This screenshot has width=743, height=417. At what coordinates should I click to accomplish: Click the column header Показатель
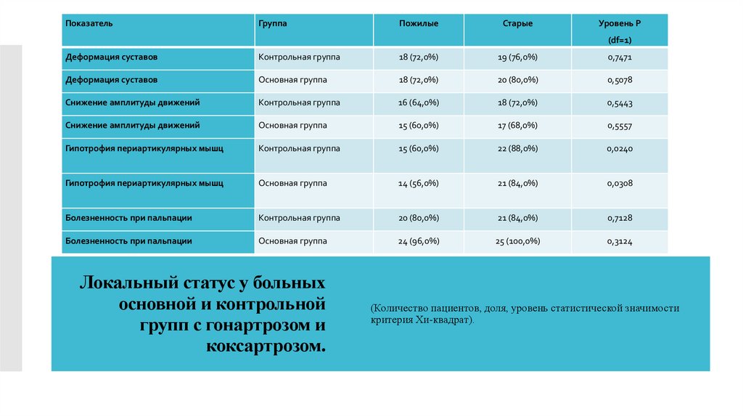pos(89,24)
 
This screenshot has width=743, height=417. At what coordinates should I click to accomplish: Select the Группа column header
pos(273,24)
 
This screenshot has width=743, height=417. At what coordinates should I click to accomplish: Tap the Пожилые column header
pos(419,24)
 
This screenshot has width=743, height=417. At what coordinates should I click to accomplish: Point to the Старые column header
pos(518,24)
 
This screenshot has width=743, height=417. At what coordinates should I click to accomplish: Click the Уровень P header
pos(620,24)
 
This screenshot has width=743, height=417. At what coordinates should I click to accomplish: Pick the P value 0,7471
pos(620,57)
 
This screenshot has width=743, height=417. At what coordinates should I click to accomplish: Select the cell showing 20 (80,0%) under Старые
pos(518,80)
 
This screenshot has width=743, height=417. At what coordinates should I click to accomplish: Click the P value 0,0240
pos(620,149)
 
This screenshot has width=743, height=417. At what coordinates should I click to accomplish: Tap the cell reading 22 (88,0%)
pos(518,148)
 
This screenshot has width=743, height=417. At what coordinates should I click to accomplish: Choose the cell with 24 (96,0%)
pos(419,241)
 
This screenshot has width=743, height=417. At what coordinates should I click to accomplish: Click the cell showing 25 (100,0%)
pos(518,241)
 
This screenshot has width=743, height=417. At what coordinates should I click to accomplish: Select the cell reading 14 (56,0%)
pos(419,184)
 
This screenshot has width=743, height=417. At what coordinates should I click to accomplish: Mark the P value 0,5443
pos(620,103)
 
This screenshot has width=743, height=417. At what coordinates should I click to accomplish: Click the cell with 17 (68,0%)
pos(518,126)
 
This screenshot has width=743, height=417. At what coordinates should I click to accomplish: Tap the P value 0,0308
pos(620,184)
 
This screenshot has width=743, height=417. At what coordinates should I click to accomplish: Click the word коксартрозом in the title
pos(266,345)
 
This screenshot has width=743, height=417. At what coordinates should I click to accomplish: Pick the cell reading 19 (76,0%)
pos(518,57)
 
